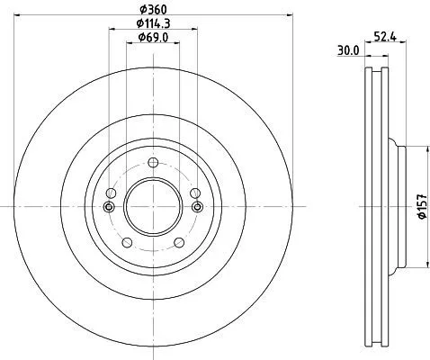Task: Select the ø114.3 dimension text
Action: pyautogui.click(x=153, y=22)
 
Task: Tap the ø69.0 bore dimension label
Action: pyautogui.click(x=153, y=37)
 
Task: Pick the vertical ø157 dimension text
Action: pyautogui.click(x=421, y=207)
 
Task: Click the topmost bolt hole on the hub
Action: pyautogui.click(x=153, y=163)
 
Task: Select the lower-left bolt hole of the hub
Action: pyautogui.click(x=126, y=242)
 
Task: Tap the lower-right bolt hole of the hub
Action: pyautogui.click(x=180, y=242)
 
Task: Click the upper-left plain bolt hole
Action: pyautogui.click(x=111, y=193)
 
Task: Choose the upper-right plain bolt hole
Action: pyautogui.click(x=195, y=193)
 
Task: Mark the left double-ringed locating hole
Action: pyautogui.click(x=109, y=207)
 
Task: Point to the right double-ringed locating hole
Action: pyautogui.click(x=197, y=207)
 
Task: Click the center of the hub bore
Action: pyautogui.click(x=153, y=207)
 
